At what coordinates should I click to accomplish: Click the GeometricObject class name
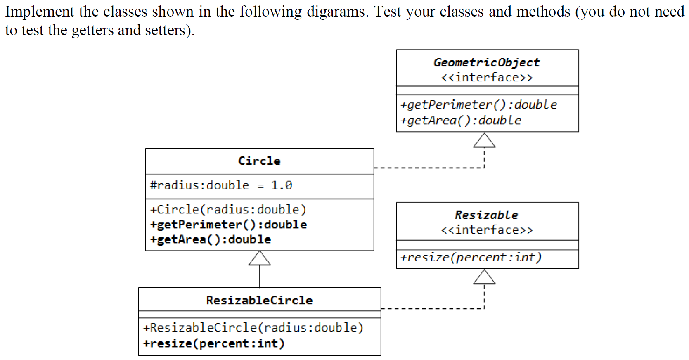[x=486, y=62]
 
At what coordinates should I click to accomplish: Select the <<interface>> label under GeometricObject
[x=487, y=78]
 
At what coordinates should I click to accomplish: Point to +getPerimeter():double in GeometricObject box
[x=478, y=105]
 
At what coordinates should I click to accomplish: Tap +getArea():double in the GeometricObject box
[x=461, y=121]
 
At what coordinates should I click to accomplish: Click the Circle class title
[x=259, y=161]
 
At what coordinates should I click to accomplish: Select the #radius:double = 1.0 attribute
[x=221, y=185]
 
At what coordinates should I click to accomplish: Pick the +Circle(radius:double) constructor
[x=228, y=210]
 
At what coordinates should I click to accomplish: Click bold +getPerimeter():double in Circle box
[x=229, y=225]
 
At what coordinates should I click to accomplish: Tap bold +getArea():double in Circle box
[x=211, y=239]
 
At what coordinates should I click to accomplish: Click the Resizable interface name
[x=486, y=215]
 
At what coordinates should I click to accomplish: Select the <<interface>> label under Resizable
[x=487, y=230]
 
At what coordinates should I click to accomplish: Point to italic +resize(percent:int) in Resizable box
[x=471, y=258]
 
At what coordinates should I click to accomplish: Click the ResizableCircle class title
[x=259, y=300]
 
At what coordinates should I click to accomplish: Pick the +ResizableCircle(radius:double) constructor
[x=253, y=328]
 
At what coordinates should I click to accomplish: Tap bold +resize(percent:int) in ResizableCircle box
[x=214, y=343]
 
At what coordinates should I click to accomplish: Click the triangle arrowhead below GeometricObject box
[x=484, y=141]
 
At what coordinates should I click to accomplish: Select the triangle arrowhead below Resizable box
[x=484, y=277]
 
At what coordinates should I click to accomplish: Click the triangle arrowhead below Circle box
[x=260, y=259]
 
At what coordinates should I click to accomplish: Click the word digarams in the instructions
[x=336, y=12]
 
